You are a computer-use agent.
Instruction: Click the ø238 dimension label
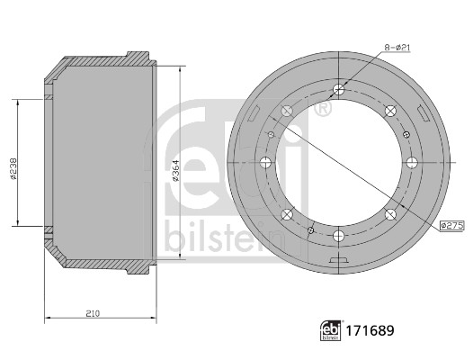(x=13, y=168)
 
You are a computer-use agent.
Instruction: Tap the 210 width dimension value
(x=93, y=314)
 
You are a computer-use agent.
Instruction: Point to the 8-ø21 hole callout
(x=397, y=48)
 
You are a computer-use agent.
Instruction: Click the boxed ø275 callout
(x=452, y=225)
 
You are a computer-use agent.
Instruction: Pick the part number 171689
(x=370, y=330)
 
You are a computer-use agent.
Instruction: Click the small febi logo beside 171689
(x=331, y=330)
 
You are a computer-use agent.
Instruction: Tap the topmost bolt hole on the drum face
(x=339, y=89)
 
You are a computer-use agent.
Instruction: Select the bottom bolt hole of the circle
(x=339, y=236)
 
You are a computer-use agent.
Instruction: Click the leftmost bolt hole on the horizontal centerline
(x=265, y=163)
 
